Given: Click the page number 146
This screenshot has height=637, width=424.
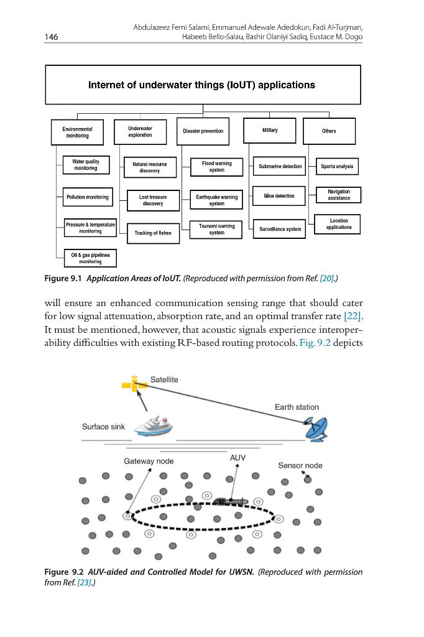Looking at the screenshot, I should (51, 37).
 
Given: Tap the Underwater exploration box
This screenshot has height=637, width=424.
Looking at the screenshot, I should (140, 131).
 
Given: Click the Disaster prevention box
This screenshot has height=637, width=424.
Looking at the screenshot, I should (203, 131).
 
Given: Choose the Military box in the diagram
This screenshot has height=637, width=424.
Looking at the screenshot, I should (270, 131).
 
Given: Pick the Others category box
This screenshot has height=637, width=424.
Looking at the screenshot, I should (329, 131).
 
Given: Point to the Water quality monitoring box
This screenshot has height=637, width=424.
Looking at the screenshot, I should (86, 165).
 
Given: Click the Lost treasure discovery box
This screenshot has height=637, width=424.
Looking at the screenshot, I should (152, 200).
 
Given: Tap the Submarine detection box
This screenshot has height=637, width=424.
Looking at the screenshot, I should (280, 166).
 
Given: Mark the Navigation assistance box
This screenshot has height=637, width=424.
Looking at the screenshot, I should (339, 195).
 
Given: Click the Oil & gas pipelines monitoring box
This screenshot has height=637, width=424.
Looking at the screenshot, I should (90, 258).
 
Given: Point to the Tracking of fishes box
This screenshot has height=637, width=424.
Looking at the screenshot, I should (152, 233).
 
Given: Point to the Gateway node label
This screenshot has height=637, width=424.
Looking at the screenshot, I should (149, 462).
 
